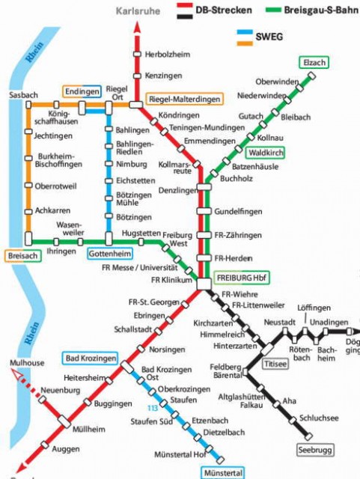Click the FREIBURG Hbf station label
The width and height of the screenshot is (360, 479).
pyautogui.click(x=241, y=276)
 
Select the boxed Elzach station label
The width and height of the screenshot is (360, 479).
pyautogui.click(x=314, y=63)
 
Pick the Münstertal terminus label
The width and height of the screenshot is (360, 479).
pyautogui.click(x=222, y=473)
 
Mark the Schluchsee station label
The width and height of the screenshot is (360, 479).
pyautogui.click(x=319, y=418)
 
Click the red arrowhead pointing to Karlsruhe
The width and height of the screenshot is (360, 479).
pyautogui.click(x=136, y=27)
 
